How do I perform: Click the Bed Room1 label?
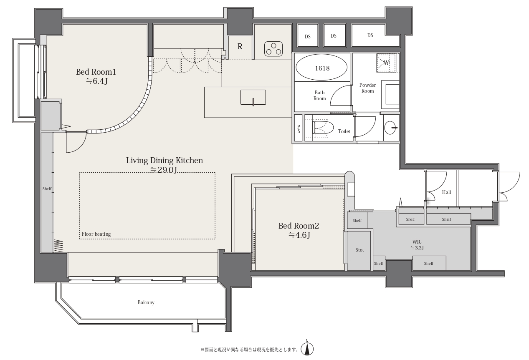(96, 72)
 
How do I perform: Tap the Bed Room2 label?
(299, 226)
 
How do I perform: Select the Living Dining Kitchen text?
(165, 161)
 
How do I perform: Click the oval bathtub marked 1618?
(321, 68)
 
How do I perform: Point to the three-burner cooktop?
(273, 49)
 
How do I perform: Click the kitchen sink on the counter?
(253, 97)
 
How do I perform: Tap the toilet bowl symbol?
(323, 128)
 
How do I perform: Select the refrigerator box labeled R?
(240, 48)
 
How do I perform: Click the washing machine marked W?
(386, 63)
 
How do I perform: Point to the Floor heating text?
(96, 234)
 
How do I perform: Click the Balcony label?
(146, 302)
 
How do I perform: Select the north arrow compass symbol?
(307, 349)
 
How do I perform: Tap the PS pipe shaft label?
(299, 129)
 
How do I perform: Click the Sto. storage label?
(359, 250)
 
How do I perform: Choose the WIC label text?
(417, 242)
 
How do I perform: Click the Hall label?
(446, 192)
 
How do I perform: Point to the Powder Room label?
(367, 88)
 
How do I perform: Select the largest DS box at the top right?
(375, 35)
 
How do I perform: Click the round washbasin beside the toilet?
(390, 128)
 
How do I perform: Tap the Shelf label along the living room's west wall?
(47, 189)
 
